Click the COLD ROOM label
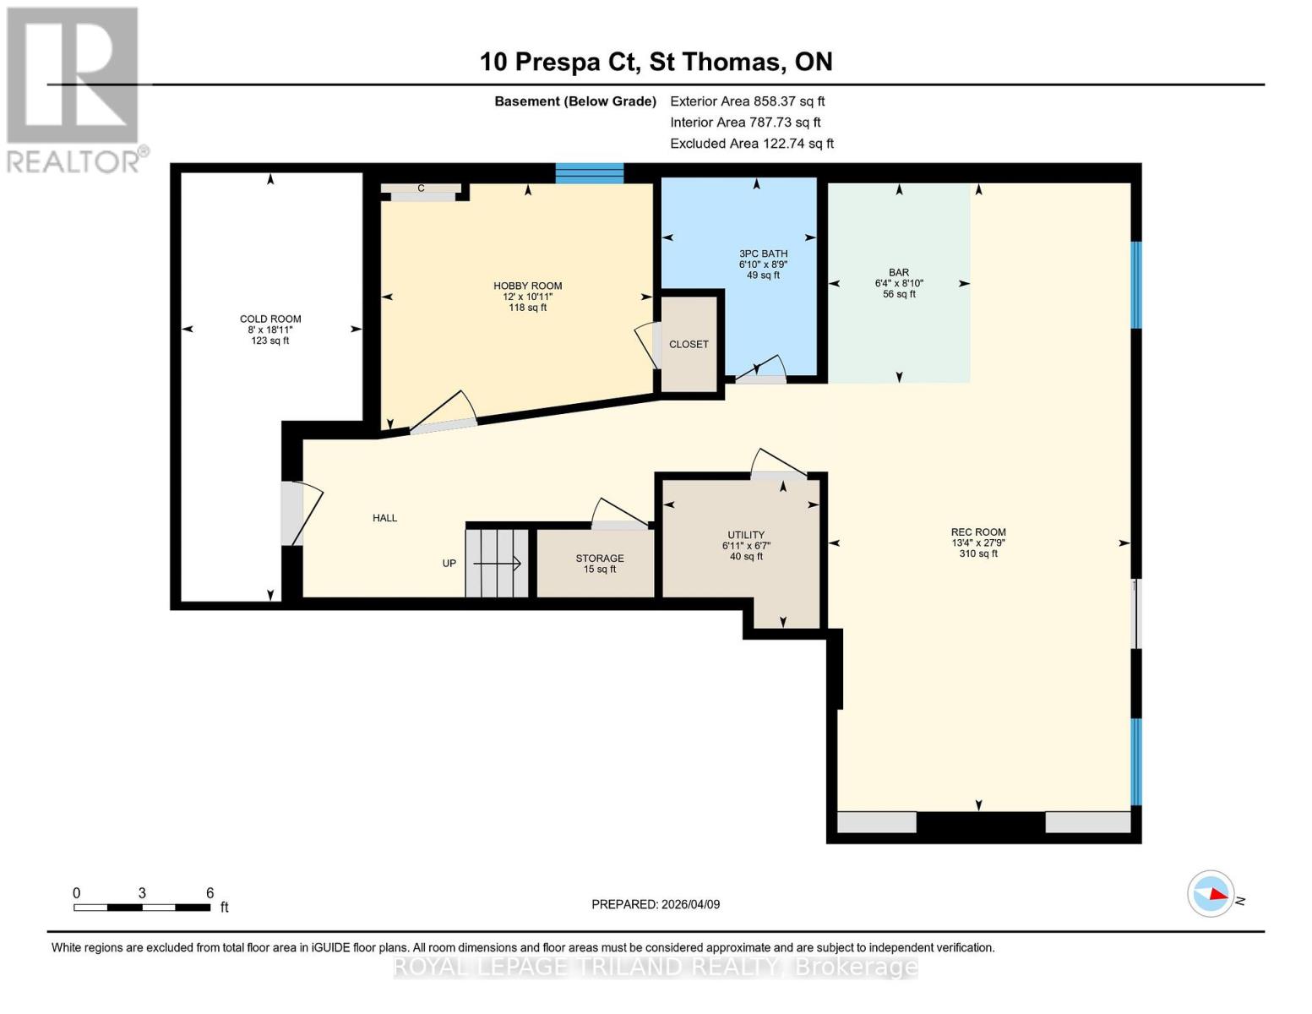(270, 319)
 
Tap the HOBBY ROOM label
(527, 286)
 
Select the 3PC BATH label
(763, 253)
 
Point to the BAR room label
(899, 273)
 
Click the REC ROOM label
(978, 532)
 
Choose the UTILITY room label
(746, 535)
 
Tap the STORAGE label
(600, 559)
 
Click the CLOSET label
(689, 344)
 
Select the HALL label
(384, 518)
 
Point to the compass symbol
(1211, 893)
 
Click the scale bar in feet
(142, 908)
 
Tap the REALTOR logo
(74, 89)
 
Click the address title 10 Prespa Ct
(656, 62)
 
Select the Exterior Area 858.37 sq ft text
(747, 101)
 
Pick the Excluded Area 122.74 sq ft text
(751, 144)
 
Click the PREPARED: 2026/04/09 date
(656, 904)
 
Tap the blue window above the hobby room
(589, 173)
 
